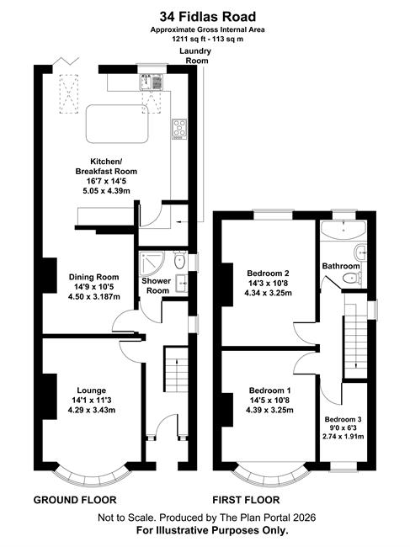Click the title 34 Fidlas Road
tap(208, 16)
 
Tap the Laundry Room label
tap(195, 56)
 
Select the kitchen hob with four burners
tap(179, 129)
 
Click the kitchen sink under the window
tap(152, 82)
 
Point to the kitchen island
tap(117, 124)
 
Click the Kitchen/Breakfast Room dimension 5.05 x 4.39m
tap(106, 191)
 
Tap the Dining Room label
tap(93, 277)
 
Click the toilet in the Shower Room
tap(179, 259)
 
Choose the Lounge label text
tap(92, 390)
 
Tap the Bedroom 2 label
tap(268, 273)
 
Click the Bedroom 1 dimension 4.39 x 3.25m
tap(269, 411)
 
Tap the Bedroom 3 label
tap(343, 419)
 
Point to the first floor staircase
tap(355, 337)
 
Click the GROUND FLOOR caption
tap(75, 500)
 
